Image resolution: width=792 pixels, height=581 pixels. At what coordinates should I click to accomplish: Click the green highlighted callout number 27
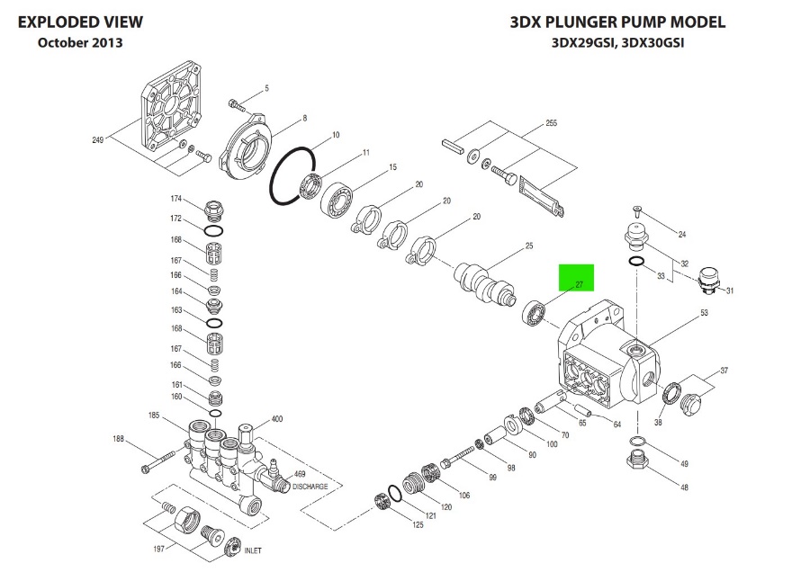579,285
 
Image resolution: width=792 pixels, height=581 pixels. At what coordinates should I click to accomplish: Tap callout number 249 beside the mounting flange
97,139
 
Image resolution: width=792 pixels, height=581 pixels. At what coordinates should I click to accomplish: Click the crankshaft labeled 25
485,283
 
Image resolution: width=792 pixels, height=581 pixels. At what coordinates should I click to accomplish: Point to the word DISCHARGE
310,487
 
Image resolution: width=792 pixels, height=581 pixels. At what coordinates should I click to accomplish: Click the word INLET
253,550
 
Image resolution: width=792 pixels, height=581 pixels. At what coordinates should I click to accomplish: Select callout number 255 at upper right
551,122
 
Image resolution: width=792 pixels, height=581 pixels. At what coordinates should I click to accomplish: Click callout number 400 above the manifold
277,418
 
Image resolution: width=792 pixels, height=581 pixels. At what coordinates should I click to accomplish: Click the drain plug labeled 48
637,461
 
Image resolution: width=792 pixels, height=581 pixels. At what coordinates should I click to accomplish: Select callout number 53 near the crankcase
704,312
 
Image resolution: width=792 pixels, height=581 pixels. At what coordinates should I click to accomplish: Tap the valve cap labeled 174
214,210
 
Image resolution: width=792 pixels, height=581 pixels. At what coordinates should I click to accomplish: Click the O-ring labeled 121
395,493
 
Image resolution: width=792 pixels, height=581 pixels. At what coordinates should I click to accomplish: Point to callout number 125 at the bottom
418,524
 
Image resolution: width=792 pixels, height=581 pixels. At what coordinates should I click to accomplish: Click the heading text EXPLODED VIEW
80,22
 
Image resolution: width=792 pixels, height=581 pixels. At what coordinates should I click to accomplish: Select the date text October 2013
80,42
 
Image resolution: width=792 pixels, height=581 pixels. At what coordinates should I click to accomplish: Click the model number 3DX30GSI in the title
652,42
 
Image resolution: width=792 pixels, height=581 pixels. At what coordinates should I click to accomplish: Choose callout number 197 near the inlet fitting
158,549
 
